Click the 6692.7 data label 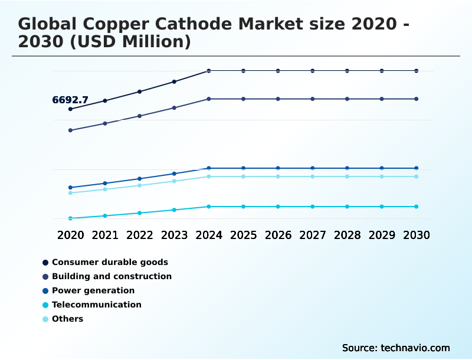click(x=70, y=100)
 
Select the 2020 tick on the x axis click(x=70, y=235)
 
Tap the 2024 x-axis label click(x=209, y=235)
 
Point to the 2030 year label click(x=417, y=235)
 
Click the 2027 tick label click(x=313, y=235)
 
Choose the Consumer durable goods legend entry click(x=110, y=262)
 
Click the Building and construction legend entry click(x=112, y=276)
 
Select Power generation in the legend click(x=93, y=290)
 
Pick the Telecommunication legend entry click(x=97, y=305)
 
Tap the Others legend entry click(x=67, y=319)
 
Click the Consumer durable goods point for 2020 click(x=70, y=109)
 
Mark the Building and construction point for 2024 click(x=209, y=99)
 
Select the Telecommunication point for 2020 click(x=70, y=218)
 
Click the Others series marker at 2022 click(x=140, y=185)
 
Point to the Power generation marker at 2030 click(x=417, y=168)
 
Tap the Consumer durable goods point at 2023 click(x=174, y=81)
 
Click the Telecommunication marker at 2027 click(x=313, y=207)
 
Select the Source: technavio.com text click(x=396, y=348)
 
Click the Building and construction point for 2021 click(x=105, y=123)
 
